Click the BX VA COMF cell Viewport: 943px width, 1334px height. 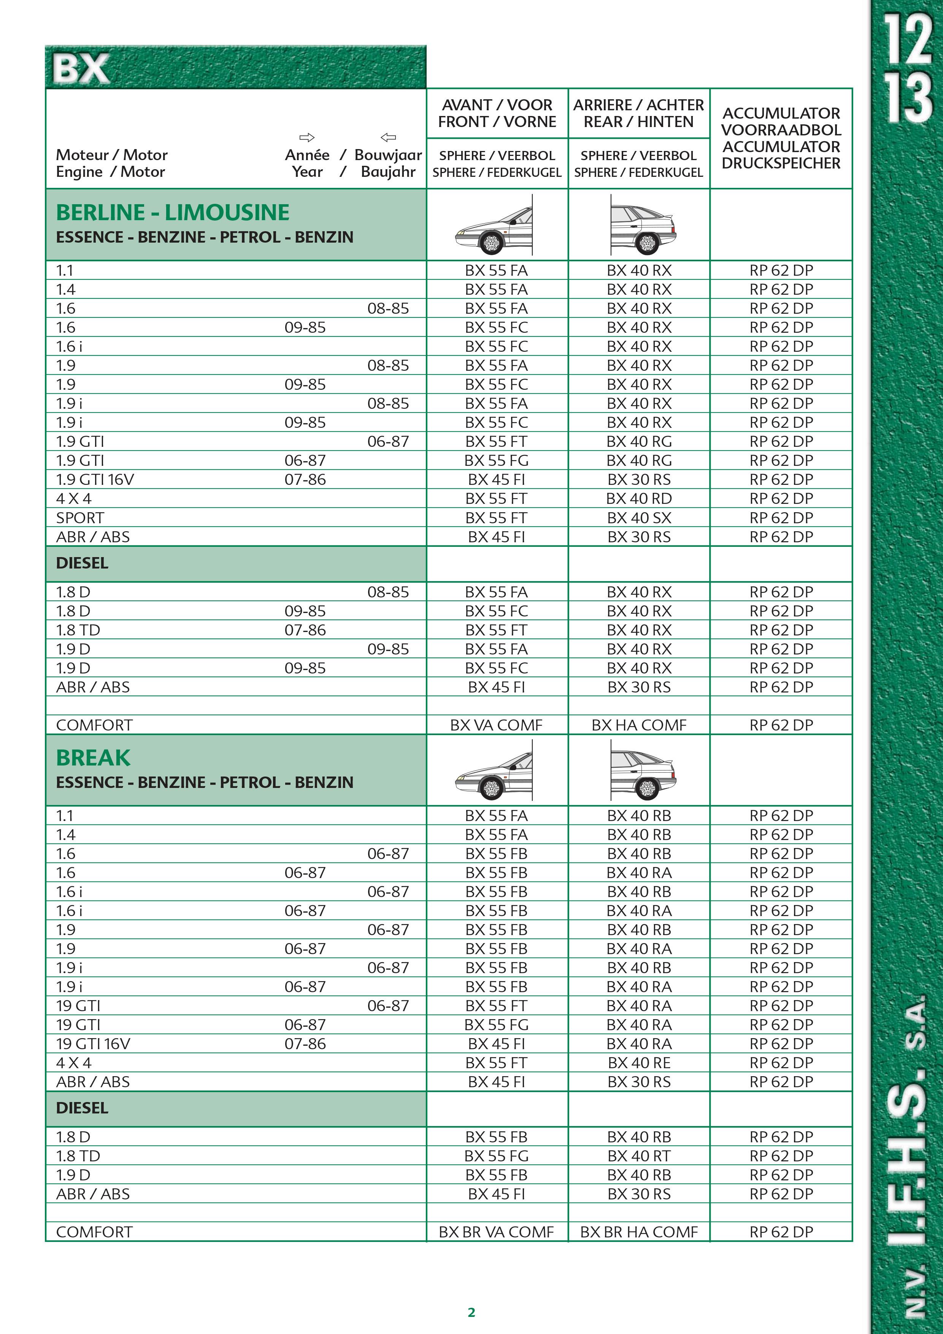[496, 725]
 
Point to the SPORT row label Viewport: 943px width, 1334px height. [80, 518]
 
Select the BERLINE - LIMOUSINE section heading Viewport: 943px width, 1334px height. [173, 213]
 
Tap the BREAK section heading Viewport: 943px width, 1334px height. [93, 758]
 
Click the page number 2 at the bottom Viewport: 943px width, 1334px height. [471, 1312]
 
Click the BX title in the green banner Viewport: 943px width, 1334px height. [81, 69]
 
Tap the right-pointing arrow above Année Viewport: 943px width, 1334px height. [307, 138]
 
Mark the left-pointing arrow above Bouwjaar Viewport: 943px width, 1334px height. [388, 138]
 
